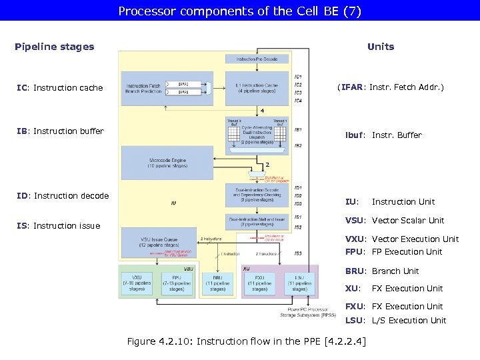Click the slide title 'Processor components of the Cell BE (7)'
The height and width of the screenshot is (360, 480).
[x=239, y=11]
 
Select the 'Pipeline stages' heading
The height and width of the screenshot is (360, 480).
[x=54, y=47]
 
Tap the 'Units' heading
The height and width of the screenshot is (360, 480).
[x=380, y=47]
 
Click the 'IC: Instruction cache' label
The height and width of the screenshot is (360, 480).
[x=60, y=88]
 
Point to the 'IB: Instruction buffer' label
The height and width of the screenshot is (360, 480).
[x=60, y=131]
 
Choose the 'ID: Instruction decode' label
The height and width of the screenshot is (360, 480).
[x=61, y=196]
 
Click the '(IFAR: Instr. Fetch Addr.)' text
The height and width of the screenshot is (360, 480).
[x=390, y=87]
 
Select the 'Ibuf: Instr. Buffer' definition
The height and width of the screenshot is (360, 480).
[x=383, y=135]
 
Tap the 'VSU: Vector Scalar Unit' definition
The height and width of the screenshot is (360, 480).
[x=394, y=221]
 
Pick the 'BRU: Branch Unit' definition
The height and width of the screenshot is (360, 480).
[x=381, y=271]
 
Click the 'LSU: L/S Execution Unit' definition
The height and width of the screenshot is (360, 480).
[x=395, y=321]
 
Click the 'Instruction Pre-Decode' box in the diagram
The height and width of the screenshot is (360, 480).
[x=257, y=59]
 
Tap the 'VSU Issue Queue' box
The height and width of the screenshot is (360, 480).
[x=158, y=241]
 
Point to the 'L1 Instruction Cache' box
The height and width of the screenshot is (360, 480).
[x=257, y=89]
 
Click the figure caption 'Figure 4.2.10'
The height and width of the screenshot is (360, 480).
[x=245, y=342]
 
